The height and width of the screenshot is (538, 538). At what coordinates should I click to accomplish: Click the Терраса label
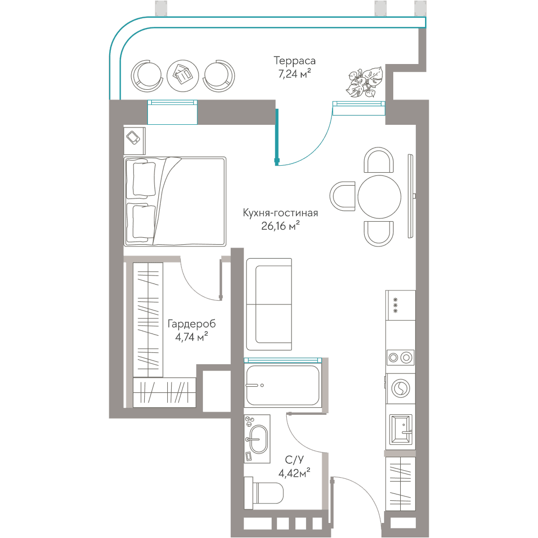tap(294, 61)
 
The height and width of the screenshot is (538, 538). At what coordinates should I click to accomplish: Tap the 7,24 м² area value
tap(294, 73)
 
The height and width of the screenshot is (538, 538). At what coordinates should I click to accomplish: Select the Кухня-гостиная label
tap(280, 213)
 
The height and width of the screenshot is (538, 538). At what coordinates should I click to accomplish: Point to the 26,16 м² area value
tap(280, 226)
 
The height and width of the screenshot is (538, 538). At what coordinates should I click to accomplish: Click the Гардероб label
tap(192, 324)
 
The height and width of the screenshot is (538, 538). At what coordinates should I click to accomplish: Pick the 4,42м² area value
tap(294, 473)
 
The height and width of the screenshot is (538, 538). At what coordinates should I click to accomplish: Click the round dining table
tap(379, 196)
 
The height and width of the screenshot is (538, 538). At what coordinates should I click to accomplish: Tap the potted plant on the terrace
tap(364, 82)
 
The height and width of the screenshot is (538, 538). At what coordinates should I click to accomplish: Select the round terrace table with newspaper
tap(182, 76)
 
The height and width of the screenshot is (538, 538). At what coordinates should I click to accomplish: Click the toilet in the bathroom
tap(263, 493)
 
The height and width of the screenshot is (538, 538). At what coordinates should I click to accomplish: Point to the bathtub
tap(283, 385)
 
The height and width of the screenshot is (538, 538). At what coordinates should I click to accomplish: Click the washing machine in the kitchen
tap(400, 389)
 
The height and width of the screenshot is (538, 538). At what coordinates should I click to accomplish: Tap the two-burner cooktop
tap(400, 358)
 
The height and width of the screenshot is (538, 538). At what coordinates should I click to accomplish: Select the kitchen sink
tap(401, 430)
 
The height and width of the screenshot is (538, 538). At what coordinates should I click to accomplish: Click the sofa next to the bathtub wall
tap(269, 305)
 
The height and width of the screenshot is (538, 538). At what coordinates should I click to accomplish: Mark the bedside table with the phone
tap(134, 140)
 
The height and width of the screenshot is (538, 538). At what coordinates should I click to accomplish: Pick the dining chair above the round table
tap(378, 160)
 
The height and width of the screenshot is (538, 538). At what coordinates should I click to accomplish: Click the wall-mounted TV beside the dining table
tap(410, 196)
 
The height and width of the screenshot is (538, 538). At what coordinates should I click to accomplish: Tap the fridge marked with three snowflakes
tap(400, 306)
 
